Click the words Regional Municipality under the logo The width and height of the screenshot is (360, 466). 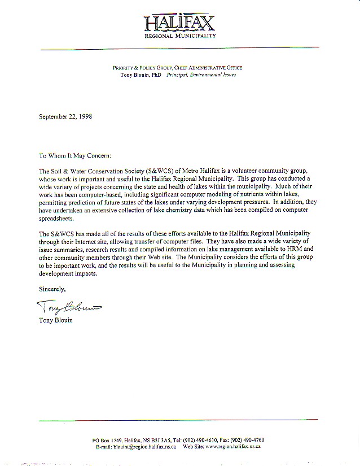coord(180,36)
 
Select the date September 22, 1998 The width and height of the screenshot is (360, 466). coord(65,117)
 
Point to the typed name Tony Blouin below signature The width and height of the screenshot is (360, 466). coord(55,320)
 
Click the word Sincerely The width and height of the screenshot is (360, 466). coord(52,289)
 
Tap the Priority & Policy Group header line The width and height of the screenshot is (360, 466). coord(178,68)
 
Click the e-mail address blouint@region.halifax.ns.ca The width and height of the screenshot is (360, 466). coord(143,446)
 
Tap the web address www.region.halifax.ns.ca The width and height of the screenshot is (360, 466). coord(232,446)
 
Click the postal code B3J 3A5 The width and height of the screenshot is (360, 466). coord(161,440)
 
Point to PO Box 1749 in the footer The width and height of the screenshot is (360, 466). coord(108,440)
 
